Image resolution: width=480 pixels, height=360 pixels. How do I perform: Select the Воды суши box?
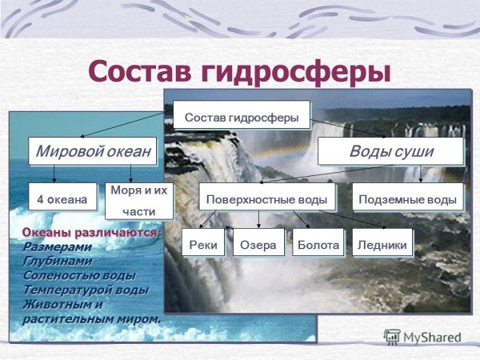[391, 150]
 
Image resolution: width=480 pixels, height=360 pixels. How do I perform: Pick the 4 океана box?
[62, 198]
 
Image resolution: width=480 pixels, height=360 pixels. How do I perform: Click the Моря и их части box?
[138, 200]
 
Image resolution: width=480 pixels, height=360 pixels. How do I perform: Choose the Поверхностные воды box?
[267, 198]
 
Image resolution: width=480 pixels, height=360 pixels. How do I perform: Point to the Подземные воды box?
[408, 198]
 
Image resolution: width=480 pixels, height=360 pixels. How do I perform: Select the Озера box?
[258, 244]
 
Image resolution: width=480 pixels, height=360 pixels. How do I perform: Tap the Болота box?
[318, 244]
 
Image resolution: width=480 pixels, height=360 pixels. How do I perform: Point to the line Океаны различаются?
[91, 233]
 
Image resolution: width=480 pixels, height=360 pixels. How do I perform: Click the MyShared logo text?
[431, 338]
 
